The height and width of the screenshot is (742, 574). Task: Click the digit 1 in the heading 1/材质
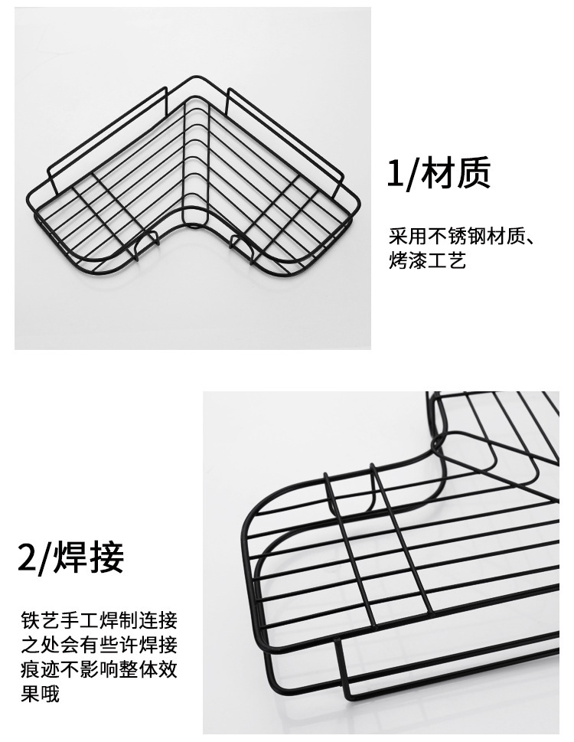click(394, 174)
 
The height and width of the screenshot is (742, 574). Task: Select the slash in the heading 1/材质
click(412, 175)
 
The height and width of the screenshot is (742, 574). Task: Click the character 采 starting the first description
click(397, 235)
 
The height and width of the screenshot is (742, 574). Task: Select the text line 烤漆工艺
click(427, 261)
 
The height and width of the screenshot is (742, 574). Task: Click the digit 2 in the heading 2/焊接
click(27, 557)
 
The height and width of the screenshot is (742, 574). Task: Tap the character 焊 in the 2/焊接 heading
click(70, 557)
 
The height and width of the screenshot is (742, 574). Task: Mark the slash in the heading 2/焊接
click(45, 558)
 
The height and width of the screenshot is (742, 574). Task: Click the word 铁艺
click(39, 620)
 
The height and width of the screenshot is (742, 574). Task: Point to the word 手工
click(79, 620)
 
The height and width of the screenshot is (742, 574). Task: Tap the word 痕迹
click(39, 671)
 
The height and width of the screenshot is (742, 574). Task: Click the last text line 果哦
click(39, 696)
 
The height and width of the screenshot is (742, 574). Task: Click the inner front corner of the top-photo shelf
click(193, 222)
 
